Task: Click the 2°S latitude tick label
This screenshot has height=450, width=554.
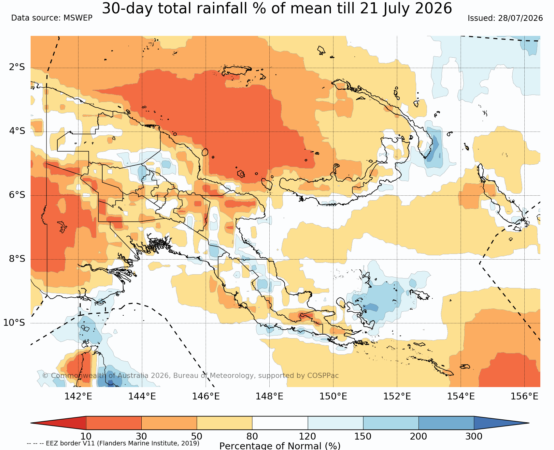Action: point(17,67)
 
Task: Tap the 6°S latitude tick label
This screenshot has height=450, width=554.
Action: point(17,195)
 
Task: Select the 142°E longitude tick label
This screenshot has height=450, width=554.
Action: point(78,396)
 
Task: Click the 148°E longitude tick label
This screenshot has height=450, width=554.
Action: point(269,396)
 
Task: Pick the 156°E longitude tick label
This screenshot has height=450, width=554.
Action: point(524,396)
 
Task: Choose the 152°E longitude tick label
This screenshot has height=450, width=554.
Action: point(397,396)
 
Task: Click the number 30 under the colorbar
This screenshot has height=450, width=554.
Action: point(141,436)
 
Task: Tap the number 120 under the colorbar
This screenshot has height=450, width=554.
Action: point(308,436)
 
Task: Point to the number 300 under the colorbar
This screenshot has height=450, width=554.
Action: point(474,436)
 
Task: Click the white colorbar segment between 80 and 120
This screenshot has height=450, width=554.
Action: point(280,423)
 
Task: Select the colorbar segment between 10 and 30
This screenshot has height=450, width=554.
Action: point(114,423)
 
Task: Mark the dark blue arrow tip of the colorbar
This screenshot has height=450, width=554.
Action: point(528,423)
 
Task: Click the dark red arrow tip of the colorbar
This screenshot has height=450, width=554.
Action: point(32,423)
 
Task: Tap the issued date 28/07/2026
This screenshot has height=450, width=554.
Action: point(520,18)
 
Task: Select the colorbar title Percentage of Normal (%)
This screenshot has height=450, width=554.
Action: point(280,446)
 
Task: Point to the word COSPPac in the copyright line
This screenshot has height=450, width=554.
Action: point(323,375)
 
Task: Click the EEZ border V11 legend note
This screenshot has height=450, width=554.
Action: point(113,443)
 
